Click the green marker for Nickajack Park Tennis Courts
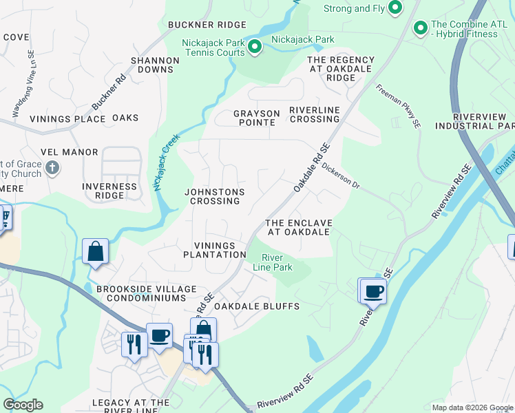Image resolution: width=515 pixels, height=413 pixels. point(254,47)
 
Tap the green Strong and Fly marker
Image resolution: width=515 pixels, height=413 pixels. point(395,8)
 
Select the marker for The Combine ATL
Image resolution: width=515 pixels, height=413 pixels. point(419,28)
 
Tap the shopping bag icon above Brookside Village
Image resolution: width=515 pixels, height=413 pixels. point(96,252)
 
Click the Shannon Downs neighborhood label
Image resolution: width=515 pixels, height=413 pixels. point(155,65)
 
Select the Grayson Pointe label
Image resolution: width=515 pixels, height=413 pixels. point(256,118)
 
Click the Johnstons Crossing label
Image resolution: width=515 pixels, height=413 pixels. point(215,196)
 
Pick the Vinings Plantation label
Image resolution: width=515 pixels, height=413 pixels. point(214,250)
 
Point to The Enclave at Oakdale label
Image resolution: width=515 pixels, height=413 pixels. point(299,228)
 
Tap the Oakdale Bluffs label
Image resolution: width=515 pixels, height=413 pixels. point(246,306)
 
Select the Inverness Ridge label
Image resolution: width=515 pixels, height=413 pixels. point(109,191)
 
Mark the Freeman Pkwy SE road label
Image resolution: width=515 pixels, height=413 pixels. point(398,106)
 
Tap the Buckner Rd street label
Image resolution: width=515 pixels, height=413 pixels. point(109,92)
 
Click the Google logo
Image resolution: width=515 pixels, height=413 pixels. point(23,405)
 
